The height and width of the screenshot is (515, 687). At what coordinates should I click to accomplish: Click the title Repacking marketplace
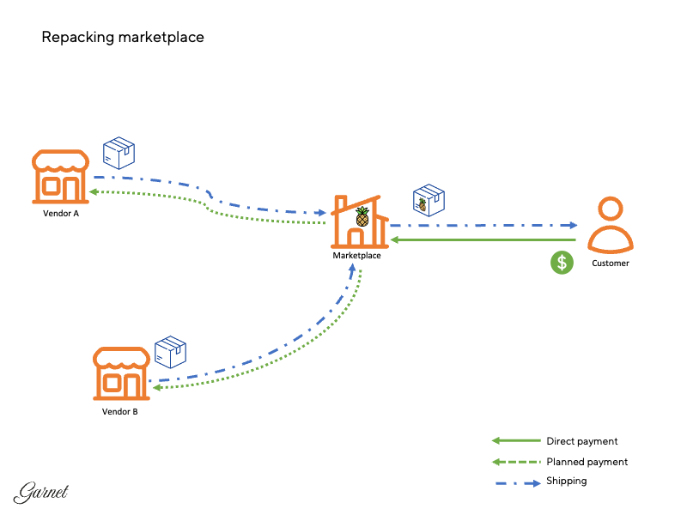(123, 38)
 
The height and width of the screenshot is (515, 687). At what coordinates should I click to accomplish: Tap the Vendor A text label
(61, 214)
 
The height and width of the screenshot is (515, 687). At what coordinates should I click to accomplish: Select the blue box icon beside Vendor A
(119, 154)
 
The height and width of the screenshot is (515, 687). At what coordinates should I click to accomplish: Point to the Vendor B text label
(120, 412)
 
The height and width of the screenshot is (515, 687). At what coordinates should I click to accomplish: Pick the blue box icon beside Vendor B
(170, 352)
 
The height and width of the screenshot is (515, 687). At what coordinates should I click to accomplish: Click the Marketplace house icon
(358, 221)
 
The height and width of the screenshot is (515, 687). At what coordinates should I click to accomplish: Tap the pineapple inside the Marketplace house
(362, 216)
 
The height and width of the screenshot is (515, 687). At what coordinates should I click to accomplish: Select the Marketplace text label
(356, 255)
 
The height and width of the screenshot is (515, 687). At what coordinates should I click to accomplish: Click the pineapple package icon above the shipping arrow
(429, 200)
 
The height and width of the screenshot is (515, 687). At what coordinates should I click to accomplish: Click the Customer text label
(611, 264)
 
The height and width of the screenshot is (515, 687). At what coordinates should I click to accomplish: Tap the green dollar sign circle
(562, 264)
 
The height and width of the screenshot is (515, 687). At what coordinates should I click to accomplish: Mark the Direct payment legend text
(581, 441)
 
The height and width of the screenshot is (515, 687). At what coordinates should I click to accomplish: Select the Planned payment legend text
(587, 462)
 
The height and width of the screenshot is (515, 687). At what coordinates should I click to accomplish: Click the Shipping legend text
(566, 482)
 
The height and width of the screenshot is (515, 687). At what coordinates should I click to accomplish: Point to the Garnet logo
(40, 492)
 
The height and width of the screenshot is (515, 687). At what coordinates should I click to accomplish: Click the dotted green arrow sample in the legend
(514, 462)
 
